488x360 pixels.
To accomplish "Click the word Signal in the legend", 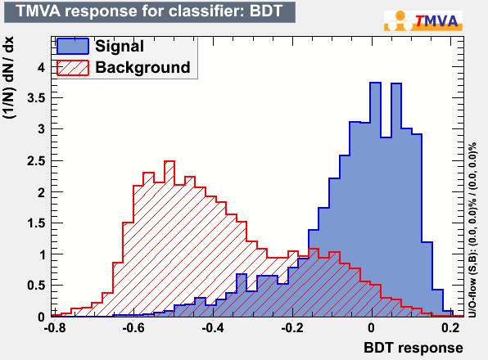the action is point(120,47).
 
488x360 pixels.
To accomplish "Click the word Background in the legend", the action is point(142,67).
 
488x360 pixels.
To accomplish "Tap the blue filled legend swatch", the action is point(73,46).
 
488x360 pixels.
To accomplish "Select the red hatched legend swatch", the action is point(73,67).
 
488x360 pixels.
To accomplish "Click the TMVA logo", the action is point(423,20).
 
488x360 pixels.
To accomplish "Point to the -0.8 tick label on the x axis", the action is point(55,328).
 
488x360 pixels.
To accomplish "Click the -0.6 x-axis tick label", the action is point(133,328).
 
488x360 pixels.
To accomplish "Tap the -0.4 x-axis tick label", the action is point(213,328).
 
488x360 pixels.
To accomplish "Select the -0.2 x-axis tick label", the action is point(292,328).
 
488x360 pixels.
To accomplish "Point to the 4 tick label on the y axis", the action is point(42,67).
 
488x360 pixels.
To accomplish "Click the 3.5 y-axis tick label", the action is point(36,98).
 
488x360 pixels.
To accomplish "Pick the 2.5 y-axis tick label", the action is point(36,161).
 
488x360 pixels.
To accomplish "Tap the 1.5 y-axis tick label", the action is point(36,223).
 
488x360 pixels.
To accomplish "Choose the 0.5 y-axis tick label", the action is point(36,286).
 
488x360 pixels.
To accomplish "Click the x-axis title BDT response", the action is point(413,348).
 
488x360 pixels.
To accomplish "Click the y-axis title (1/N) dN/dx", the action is point(8,77).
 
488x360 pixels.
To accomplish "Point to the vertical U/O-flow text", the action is point(472,230).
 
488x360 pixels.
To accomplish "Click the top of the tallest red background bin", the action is point(169,161).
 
